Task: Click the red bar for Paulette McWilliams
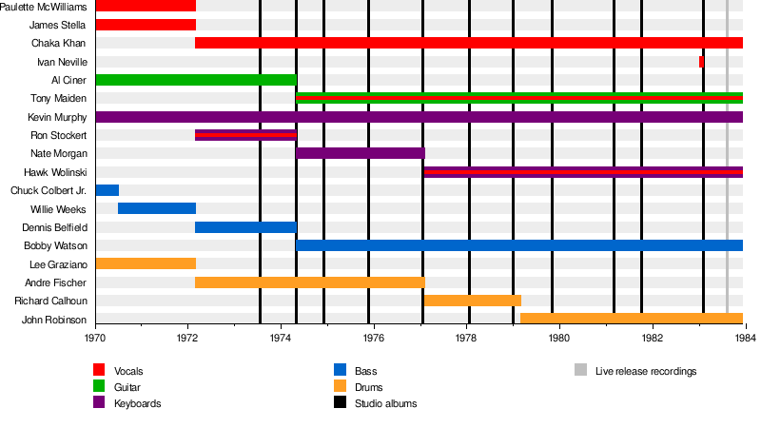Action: [146, 6]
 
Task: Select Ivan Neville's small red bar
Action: [701, 62]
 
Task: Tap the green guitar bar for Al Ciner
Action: [196, 80]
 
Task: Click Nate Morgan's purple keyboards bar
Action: [361, 153]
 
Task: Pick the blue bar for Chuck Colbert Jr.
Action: [107, 190]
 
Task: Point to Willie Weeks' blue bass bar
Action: [157, 208]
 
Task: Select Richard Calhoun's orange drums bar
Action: [472, 301]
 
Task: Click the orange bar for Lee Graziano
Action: [146, 263]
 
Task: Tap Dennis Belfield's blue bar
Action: [245, 227]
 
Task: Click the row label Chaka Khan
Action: [59, 43]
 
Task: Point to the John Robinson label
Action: [54, 320]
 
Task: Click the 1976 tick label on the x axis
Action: [374, 338]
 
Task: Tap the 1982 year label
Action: [652, 338]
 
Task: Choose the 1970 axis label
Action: [96, 338]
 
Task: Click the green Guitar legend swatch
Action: [99, 387]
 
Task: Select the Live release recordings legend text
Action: [646, 371]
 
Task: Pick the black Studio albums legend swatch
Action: [340, 403]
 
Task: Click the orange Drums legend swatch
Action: [340, 387]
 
